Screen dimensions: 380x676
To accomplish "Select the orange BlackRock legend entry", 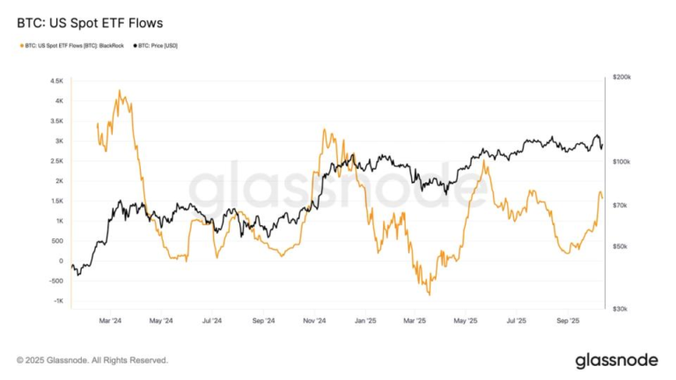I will coord(71,45).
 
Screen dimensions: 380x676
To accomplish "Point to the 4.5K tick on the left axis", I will coord(56,80).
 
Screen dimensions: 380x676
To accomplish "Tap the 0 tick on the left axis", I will coord(60,261).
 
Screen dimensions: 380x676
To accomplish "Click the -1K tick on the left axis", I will coord(56,301).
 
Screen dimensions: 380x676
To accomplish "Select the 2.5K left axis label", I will coord(56,161).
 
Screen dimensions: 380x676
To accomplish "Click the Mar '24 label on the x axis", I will coord(111,322).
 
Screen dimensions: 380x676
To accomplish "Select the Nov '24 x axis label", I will coord(315,322).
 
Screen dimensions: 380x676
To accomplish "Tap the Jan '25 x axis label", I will coord(365,322).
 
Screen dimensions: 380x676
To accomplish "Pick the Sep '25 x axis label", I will coord(569,322).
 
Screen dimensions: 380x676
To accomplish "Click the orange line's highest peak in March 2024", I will coord(120,91).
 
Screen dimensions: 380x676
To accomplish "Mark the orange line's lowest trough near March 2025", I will coord(429,294).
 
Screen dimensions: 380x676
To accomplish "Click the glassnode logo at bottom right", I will coord(616,361).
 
